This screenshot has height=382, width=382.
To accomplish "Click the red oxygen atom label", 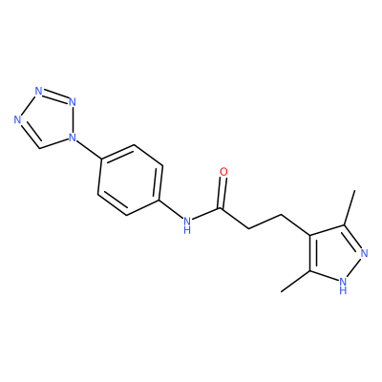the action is pos(223,172).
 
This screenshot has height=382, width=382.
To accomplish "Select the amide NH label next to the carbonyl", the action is pos(187,224).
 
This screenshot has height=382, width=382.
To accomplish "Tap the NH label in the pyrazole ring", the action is pos(343,285).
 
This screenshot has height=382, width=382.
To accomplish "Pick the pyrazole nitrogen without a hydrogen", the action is pos(365,254).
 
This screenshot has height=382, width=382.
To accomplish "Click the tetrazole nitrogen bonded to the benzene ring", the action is pos(73,138).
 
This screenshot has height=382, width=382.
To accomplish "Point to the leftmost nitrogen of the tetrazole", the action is pos(17,119).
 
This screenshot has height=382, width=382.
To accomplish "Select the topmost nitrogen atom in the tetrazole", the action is pos(38,91).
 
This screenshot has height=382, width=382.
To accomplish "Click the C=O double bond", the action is pos(223,194).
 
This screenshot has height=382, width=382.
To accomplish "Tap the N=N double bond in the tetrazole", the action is pos(55,96).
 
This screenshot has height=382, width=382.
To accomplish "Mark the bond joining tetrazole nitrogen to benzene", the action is pos(89,150).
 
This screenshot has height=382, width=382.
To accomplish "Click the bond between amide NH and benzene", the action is pos(172,209).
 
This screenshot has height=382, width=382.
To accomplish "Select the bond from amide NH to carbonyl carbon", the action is pos(206,215).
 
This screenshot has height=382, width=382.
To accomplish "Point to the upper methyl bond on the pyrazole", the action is pos(350,208).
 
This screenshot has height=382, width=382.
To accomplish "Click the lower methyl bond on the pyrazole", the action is pos(296,282).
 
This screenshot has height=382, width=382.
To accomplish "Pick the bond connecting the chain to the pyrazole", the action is pos(296,225).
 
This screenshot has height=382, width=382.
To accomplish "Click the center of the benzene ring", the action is pos(131,180).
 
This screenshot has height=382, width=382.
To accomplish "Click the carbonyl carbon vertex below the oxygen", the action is pos(220,209).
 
